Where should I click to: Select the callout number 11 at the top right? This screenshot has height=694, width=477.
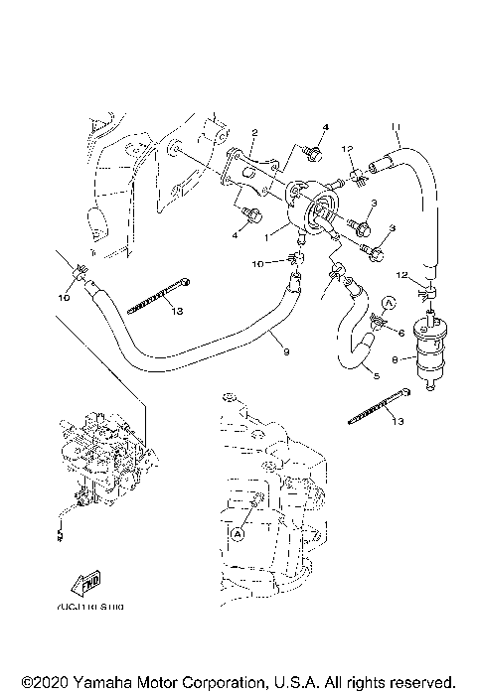[x=396, y=126]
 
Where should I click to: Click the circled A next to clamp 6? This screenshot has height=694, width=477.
[x=390, y=301]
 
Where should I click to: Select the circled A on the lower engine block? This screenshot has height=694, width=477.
[x=237, y=532]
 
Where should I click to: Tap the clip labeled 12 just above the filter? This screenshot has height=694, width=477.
[x=428, y=294]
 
